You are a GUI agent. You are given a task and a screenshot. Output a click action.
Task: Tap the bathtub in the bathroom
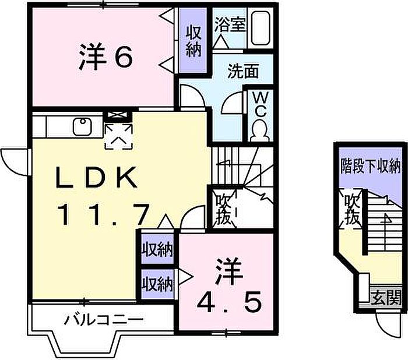pos(261,27)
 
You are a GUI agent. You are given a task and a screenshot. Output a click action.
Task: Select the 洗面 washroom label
pos(243,71)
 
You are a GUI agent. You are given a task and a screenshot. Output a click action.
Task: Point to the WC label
pos(260,105)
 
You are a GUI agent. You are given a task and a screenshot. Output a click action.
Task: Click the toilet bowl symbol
pos(260,132)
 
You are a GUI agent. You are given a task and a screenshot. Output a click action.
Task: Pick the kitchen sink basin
pos(82,126)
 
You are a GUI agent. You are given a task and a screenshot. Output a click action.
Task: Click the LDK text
pos(96,178)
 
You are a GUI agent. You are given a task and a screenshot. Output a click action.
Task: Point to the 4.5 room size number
pos(228,302)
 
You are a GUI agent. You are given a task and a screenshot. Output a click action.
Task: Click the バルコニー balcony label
pos(104,320)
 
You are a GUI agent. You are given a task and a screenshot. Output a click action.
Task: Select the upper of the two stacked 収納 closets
pos(157,249)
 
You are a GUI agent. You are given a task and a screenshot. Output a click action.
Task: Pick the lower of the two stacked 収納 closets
pos(157,284)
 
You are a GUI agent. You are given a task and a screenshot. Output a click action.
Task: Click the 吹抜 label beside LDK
pos(223,209)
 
